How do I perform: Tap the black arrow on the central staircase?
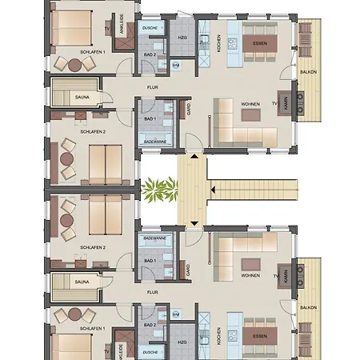coord(214,190)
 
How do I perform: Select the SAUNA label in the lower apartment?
coord(82,282)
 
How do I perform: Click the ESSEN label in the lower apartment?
coord(260,336)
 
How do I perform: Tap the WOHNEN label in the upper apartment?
coord(250,104)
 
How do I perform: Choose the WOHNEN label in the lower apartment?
coord(250,274)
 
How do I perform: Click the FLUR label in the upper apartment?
coord(151,86)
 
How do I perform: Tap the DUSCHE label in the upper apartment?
coord(150,27)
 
